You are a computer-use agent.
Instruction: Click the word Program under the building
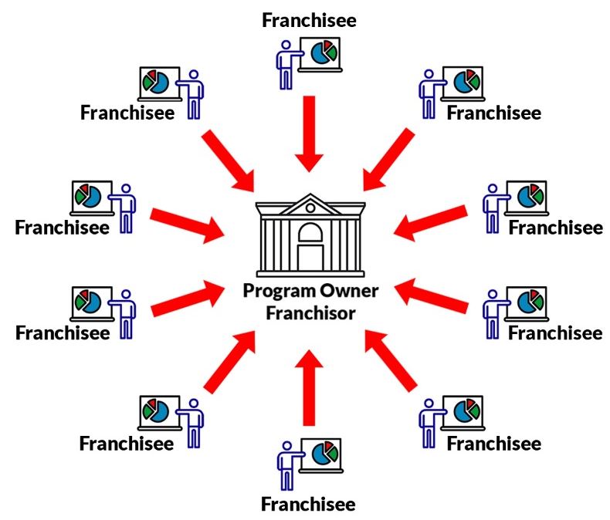[276, 292]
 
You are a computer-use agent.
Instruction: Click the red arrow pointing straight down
[310, 131]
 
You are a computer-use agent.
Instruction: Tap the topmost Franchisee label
[309, 20]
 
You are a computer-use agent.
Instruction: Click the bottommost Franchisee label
[308, 504]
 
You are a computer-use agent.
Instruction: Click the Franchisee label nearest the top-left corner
[127, 113]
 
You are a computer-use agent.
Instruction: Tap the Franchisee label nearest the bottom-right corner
[494, 443]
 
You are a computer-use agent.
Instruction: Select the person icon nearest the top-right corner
[427, 93]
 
